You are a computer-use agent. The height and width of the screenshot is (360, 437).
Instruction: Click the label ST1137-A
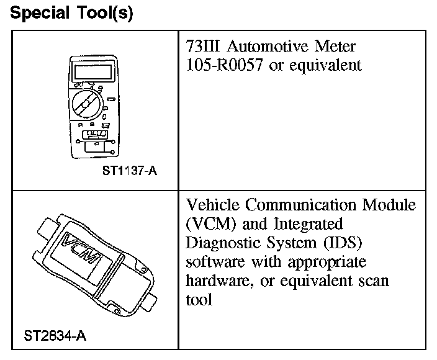click(x=130, y=171)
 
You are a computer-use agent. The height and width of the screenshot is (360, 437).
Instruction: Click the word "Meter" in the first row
click(x=338, y=47)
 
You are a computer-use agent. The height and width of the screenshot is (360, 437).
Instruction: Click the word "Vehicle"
click(x=212, y=205)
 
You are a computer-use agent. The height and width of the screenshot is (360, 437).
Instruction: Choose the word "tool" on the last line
click(x=198, y=300)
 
